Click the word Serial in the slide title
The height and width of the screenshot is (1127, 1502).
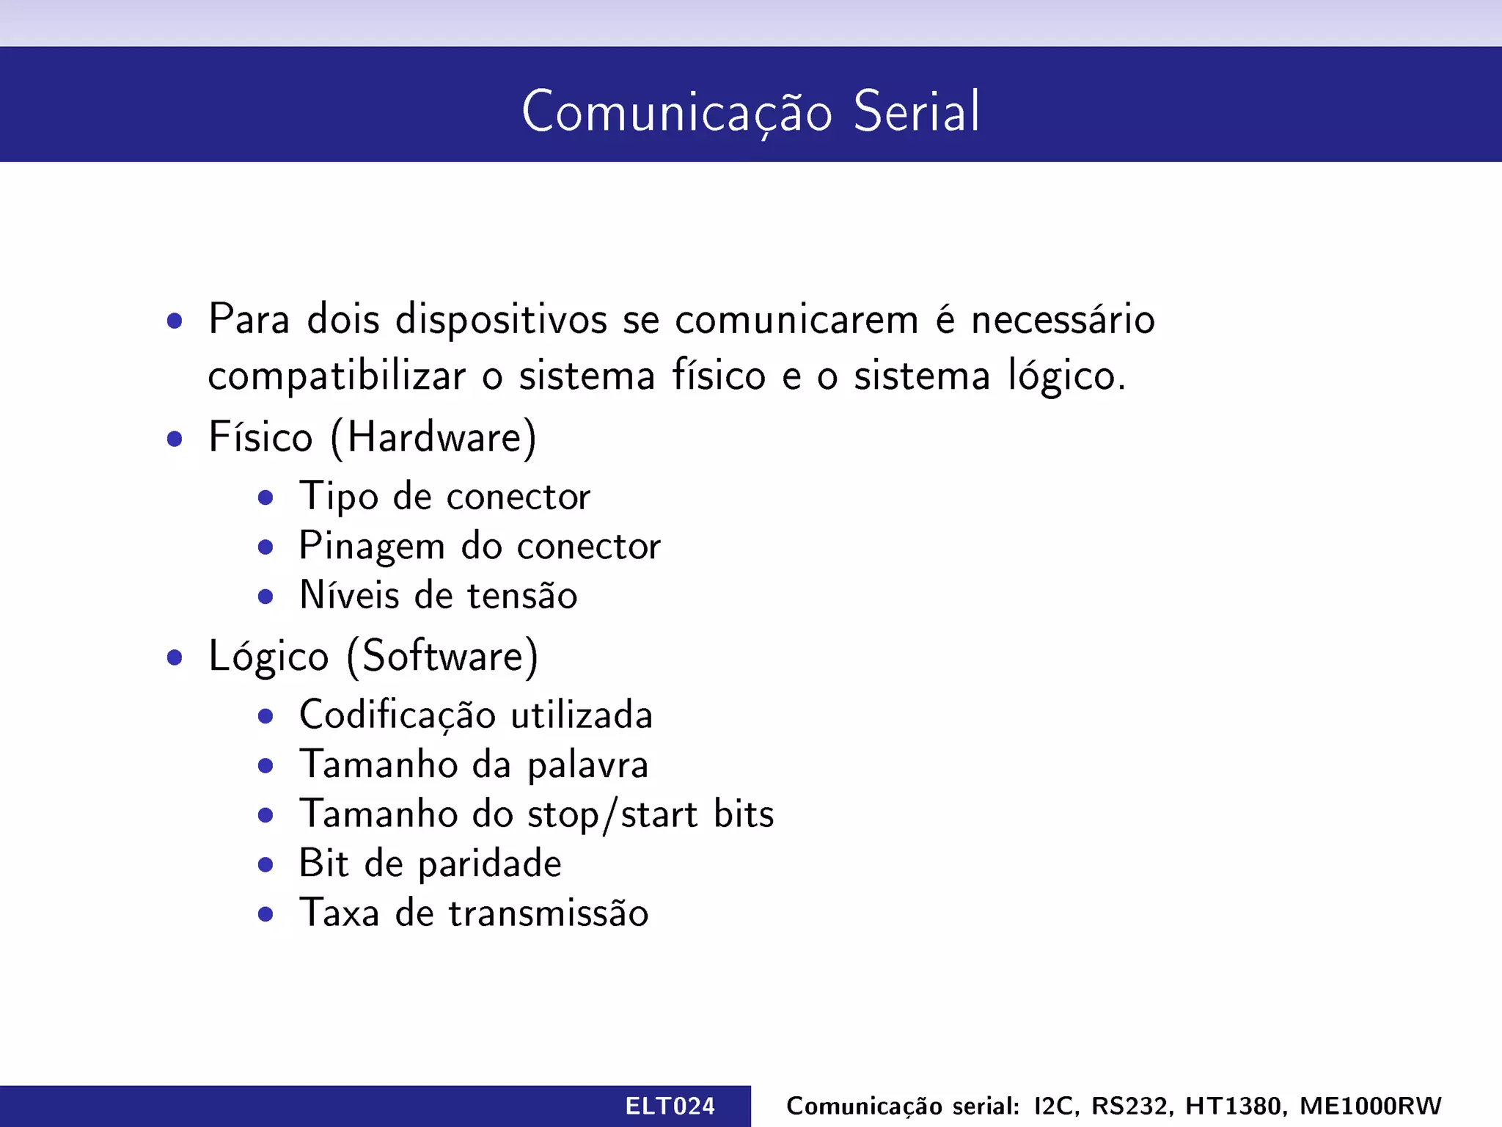916,112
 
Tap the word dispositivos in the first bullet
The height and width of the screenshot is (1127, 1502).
501,320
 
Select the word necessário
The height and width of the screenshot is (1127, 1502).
1063,320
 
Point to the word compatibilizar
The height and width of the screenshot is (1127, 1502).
337,377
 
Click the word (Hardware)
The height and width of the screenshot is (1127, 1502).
433,438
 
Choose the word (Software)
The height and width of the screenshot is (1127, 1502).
442,656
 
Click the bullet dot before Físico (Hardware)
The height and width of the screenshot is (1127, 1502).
175,439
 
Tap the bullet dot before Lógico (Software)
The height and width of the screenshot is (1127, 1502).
175,657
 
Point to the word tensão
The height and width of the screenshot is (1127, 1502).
522,595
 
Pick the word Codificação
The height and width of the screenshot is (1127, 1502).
397,715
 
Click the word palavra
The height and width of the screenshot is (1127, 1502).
587,765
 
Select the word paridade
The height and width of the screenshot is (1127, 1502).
489,864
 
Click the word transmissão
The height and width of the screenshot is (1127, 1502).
549,913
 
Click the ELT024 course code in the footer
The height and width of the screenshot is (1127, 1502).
670,1106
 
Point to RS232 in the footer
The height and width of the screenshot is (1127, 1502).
1132,1106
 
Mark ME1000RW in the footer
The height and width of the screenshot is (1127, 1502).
1370,1106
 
